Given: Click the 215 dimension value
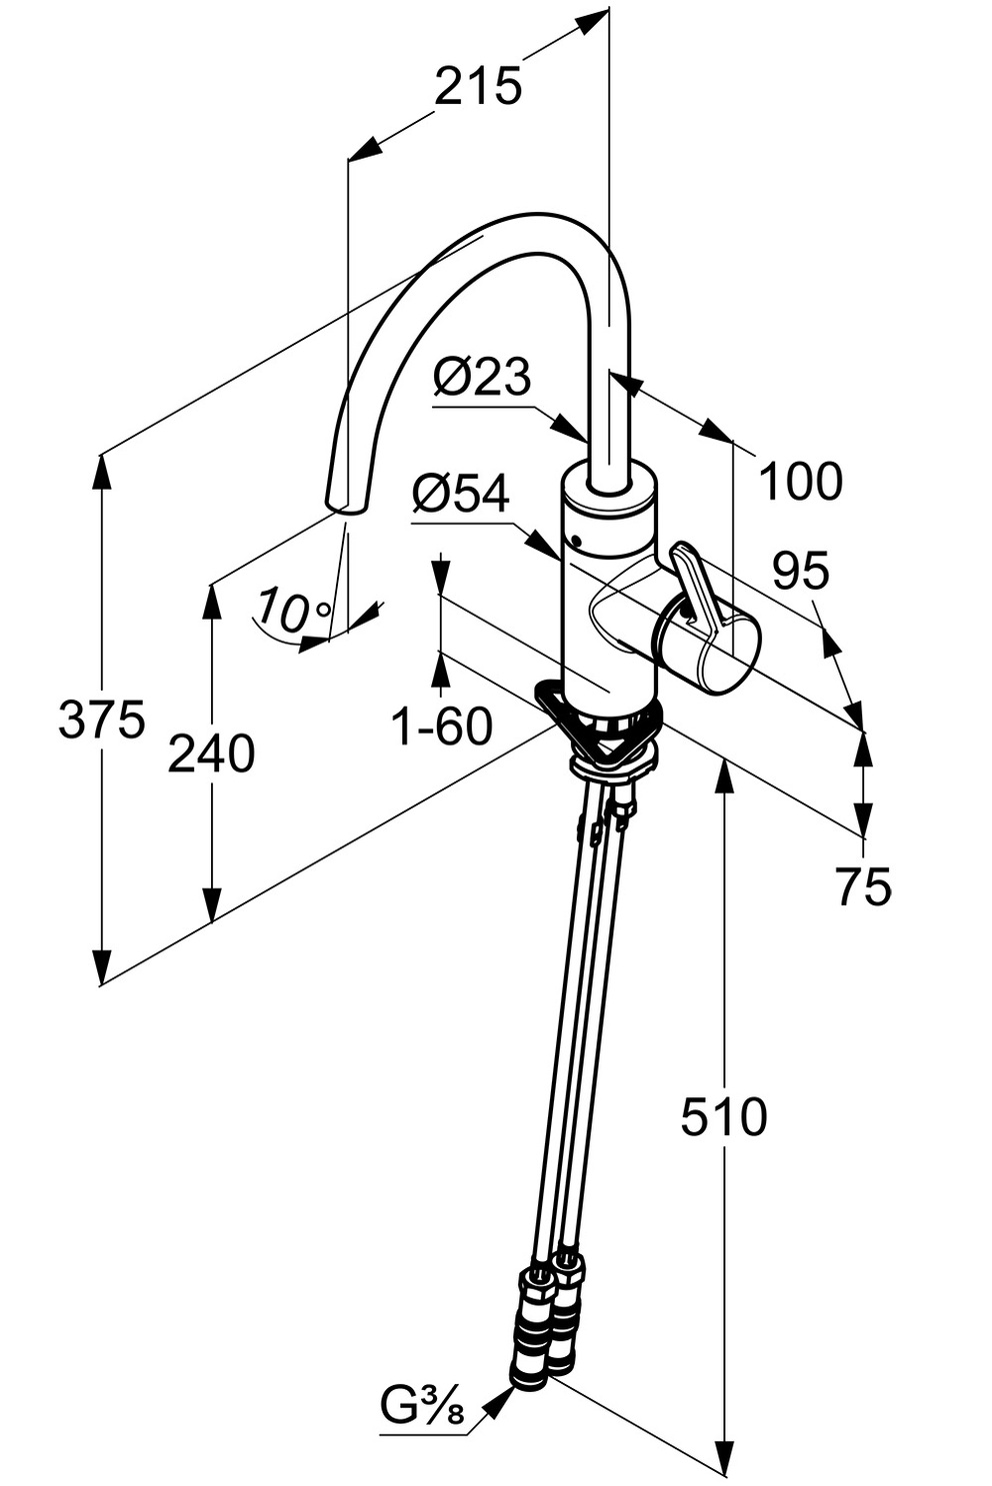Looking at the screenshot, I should (x=478, y=87).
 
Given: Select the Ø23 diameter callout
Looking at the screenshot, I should (x=482, y=378).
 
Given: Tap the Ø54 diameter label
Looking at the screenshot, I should (x=461, y=494).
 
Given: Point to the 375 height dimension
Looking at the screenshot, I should (x=101, y=720).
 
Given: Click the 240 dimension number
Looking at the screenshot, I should (x=211, y=753).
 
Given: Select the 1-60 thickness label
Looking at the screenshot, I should (x=441, y=727).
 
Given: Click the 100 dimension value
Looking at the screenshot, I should (x=801, y=482).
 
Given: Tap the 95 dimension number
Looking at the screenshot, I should (x=800, y=571).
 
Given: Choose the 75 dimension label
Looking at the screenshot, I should (x=863, y=886).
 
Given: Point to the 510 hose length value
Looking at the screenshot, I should (x=723, y=1116).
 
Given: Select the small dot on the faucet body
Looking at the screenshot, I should (x=576, y=541).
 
